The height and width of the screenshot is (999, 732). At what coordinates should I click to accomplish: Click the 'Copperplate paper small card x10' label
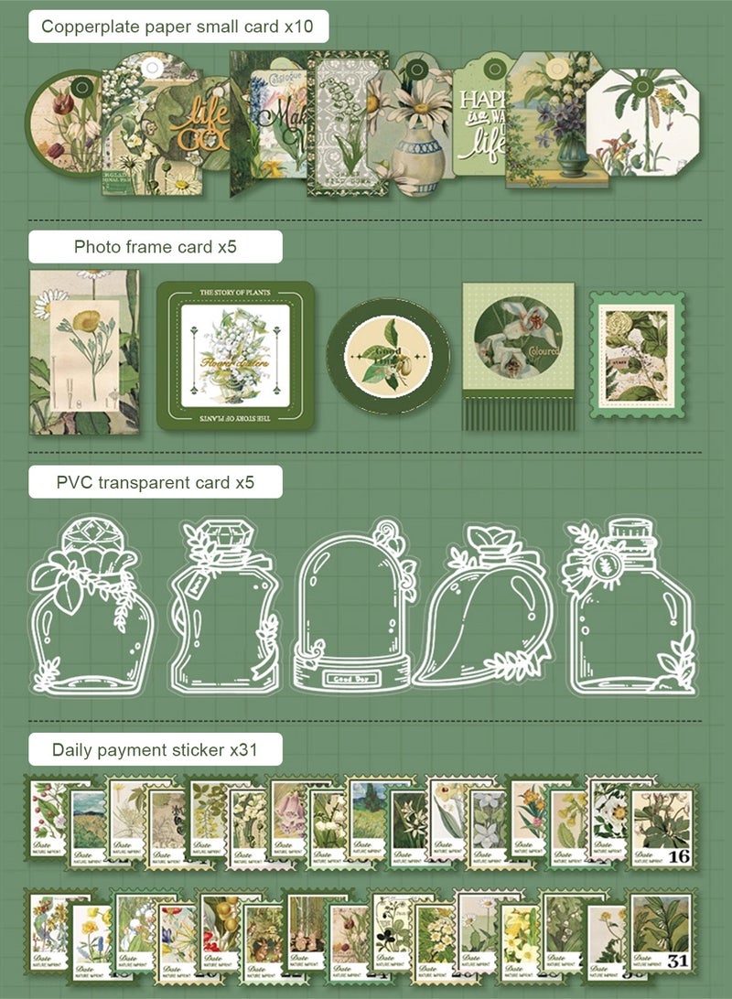(x=178, y=27)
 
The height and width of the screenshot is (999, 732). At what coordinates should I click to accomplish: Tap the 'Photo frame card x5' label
(x=156, y=247)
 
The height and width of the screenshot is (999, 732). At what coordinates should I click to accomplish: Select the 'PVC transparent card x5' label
(x=155, y=481)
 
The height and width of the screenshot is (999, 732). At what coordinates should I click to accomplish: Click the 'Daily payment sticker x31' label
(x=155, y=750)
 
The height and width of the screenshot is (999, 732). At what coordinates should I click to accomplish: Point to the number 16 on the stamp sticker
(x=678, y=855)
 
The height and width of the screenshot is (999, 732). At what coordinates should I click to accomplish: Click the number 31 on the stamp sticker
(x=678, y=961)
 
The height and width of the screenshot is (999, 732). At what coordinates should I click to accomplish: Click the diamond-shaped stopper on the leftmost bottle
(x=91, y=539)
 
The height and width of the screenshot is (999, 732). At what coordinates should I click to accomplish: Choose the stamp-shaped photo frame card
(x=637, y=356)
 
